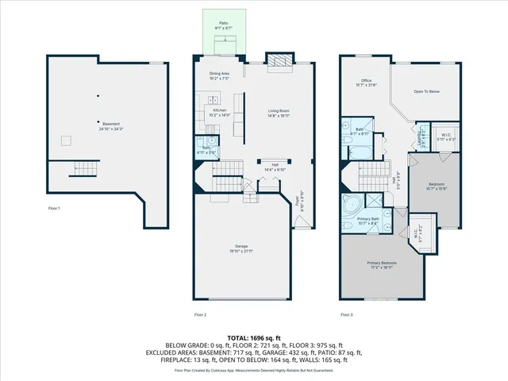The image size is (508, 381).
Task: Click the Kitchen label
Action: tap(219, 112)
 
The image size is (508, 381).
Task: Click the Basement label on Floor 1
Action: tap(111, 125)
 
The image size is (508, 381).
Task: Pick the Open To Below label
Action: tap(426, 92)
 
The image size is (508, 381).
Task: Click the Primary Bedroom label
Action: tap(382, 265)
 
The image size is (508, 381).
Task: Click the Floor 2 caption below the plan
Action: tap(201, 315)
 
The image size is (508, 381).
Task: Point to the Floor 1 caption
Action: tap(54, 208)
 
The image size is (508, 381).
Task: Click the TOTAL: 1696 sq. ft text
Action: tap(254, 337)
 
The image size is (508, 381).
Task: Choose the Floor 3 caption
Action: tap(347, 315)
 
